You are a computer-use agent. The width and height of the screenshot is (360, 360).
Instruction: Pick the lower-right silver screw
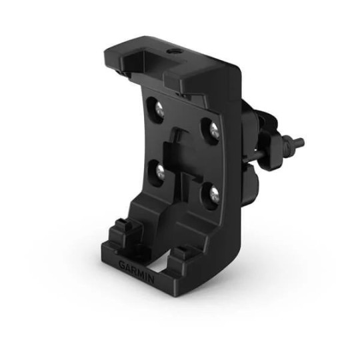[214, 193]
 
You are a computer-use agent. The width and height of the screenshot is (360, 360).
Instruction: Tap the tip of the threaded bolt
[301, 142]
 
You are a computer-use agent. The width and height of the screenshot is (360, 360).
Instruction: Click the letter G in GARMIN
[122, 265]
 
